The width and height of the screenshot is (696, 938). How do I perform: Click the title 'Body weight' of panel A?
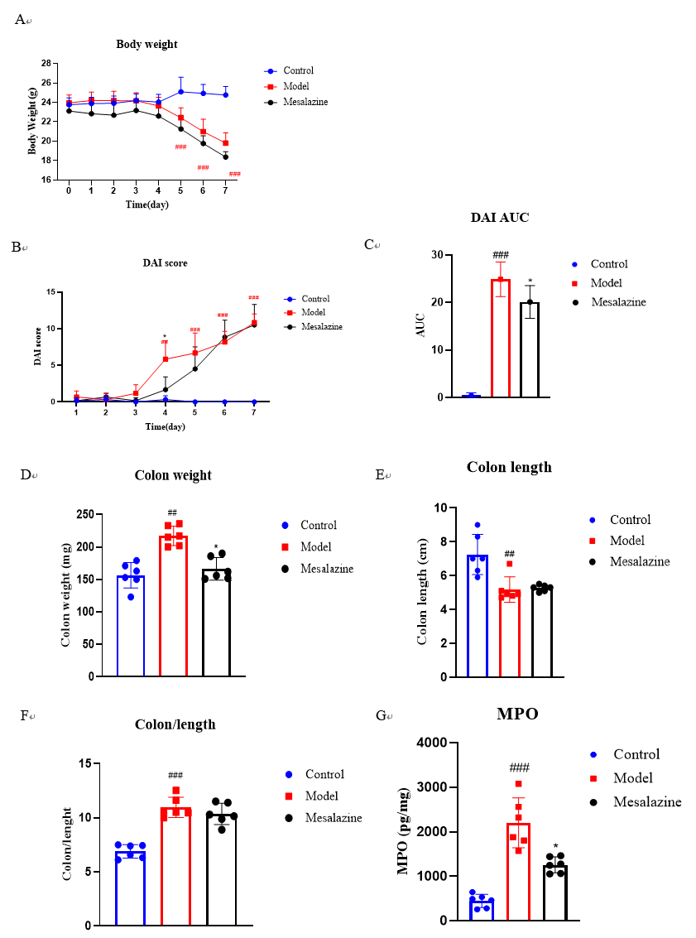tap(146, 44)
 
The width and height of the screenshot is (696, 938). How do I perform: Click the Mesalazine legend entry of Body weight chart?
tap(305, 102)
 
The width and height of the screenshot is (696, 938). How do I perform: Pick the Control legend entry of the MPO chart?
tap(636, 754)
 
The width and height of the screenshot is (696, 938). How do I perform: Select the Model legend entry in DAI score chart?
tap(314, 313)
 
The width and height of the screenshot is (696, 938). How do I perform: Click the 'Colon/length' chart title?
tap(175, 724)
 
